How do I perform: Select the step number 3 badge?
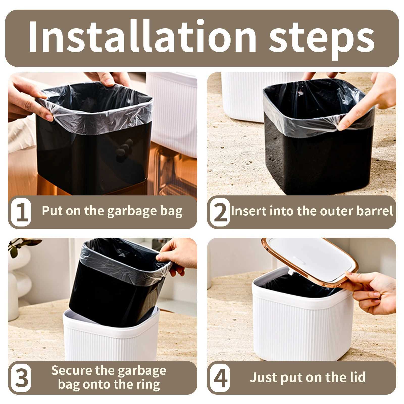[x=21, y=378]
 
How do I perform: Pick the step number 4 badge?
[x=220, y=378]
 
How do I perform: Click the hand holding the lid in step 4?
[x=374, y=290]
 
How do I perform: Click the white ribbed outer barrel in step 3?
[x=111, y=341]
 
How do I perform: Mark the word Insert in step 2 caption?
[x=249, y=211]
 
